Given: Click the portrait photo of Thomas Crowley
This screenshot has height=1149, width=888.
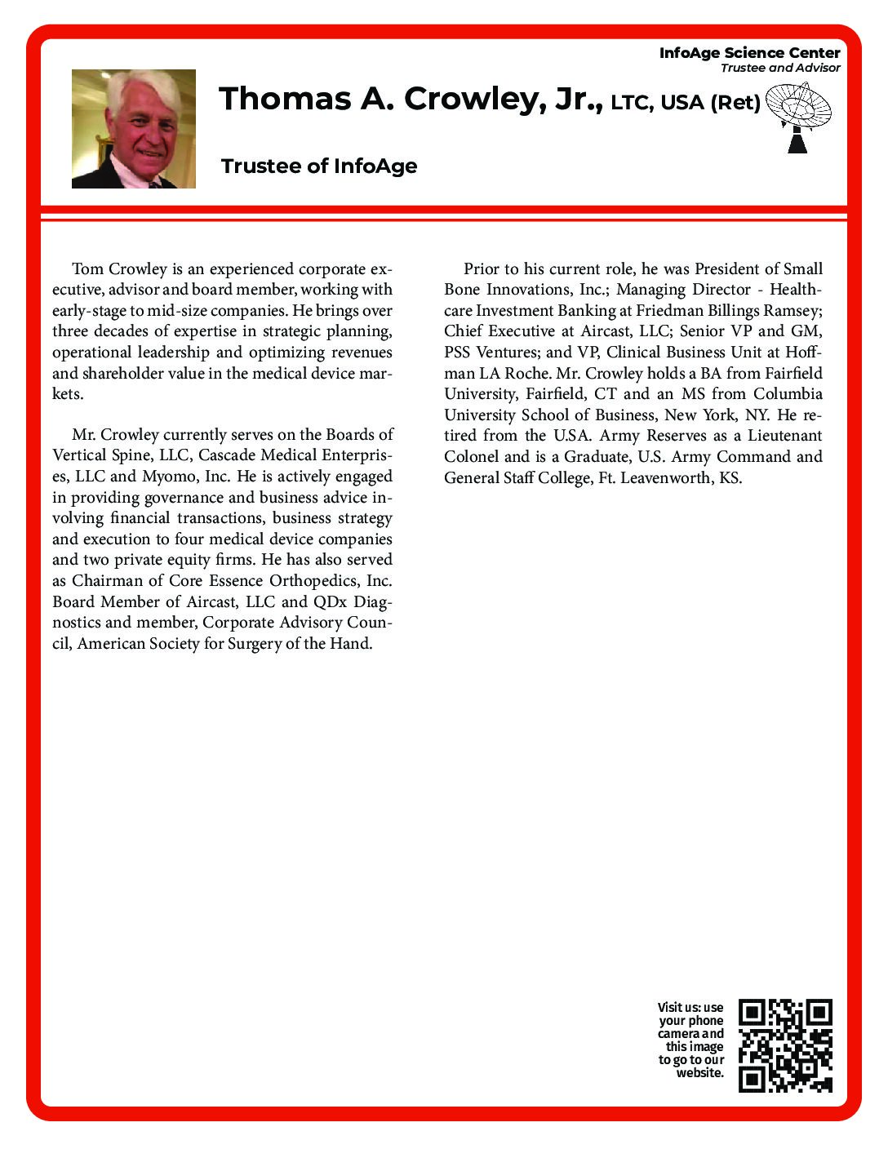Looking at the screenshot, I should tap(134, 129).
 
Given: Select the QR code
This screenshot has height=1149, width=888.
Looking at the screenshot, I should tap(785, 1045).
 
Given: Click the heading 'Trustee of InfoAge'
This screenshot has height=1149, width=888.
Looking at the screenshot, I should tap(319, 166).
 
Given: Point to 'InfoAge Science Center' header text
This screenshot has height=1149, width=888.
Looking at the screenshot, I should tap(749, 53).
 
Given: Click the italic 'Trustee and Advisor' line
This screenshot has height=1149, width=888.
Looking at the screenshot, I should tap(779, 68).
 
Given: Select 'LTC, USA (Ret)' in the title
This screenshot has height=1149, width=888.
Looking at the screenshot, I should tap(686, 103).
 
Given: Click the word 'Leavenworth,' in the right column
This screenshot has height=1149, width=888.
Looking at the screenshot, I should tap(666, 478).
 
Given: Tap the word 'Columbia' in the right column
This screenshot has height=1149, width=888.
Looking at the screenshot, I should tap(788, 394).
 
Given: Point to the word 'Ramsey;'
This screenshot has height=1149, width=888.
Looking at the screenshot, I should tap(792, 311).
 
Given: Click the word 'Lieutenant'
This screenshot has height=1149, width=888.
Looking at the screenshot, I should tap(784, 436).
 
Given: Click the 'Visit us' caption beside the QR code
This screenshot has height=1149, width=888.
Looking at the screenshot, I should tap(690, 1040).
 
